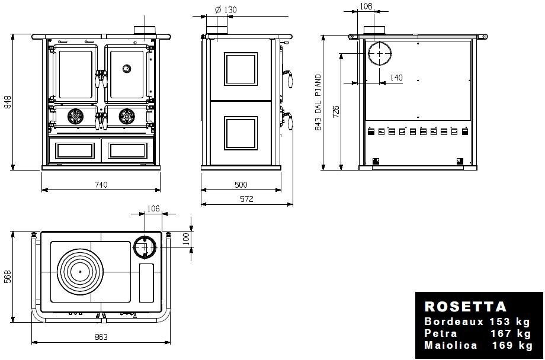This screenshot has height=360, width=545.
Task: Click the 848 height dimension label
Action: (8, 102)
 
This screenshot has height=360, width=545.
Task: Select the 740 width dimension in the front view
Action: (101, 185)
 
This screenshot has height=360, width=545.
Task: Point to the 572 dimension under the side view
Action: (246, 200)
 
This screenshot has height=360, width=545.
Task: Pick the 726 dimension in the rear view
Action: (336, 111)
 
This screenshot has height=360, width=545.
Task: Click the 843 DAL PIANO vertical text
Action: (318, 102)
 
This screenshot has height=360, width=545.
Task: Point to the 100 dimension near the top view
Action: (185, 239)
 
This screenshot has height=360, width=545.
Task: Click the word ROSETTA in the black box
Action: (466, 307)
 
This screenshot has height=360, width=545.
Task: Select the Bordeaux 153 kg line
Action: (477, 322)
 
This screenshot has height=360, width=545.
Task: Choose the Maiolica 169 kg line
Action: (477, 345)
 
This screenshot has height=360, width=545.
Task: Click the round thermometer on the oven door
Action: (126, 68)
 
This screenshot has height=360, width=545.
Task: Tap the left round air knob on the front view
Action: (75, 117)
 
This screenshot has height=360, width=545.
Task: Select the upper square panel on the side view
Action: (241, 69)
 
